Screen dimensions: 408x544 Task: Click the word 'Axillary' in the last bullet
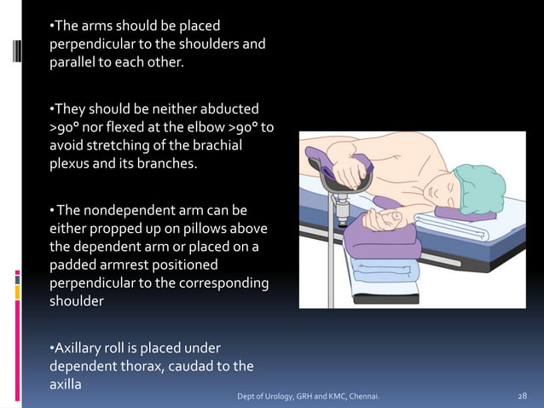click(x=80, y=348)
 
